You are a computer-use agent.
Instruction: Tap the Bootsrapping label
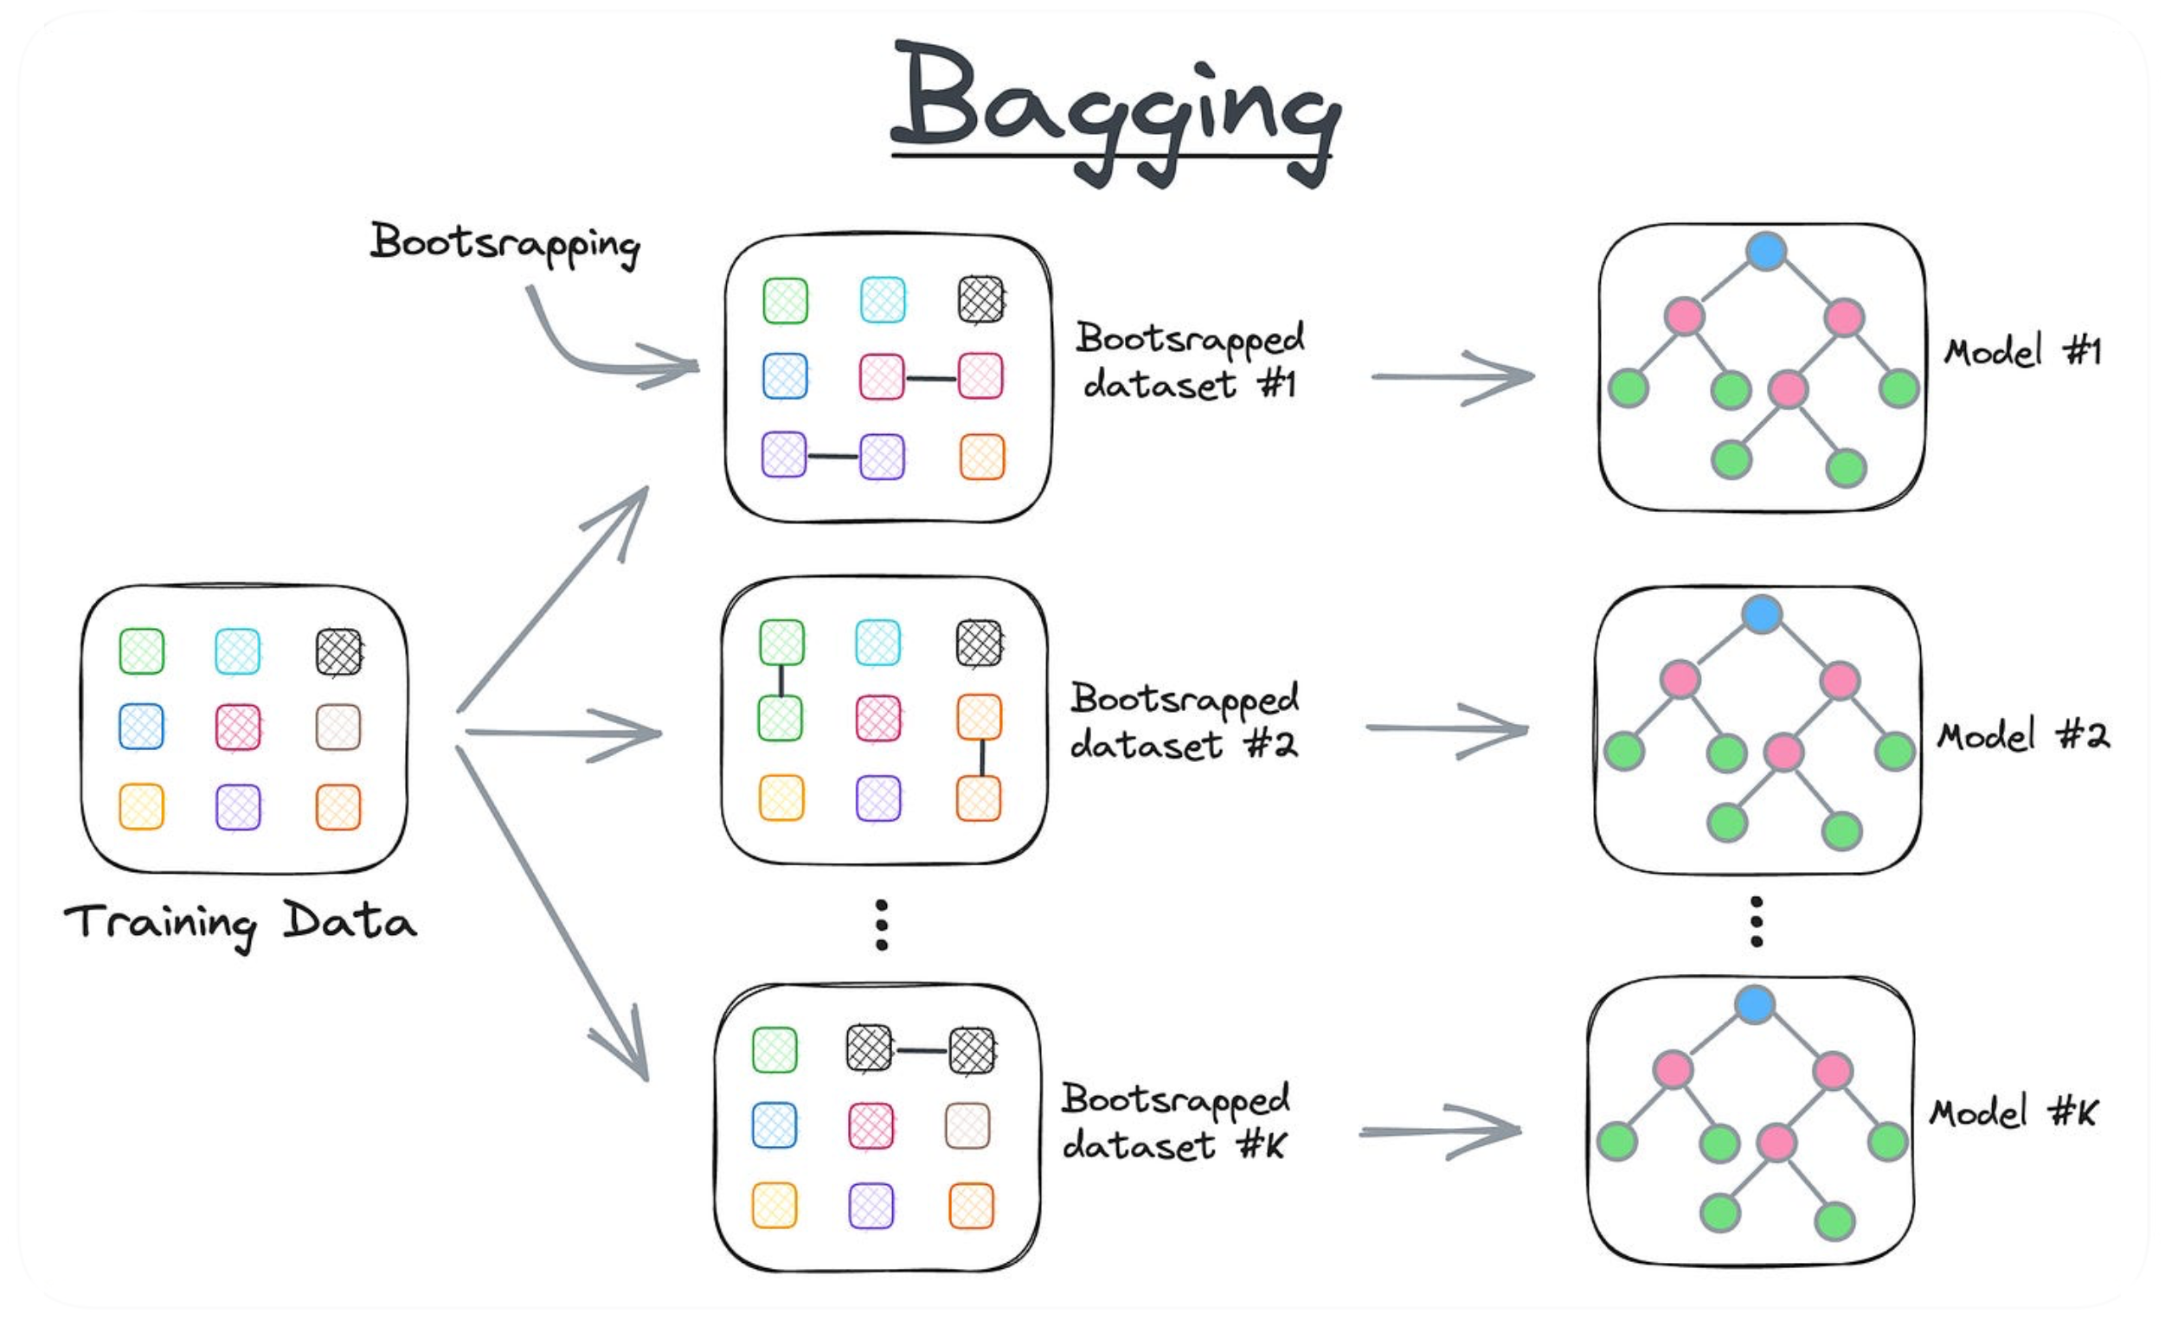504,243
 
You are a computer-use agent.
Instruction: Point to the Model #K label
2013,1112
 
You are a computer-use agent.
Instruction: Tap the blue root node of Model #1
1766,251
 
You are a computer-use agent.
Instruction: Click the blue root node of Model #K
1755,1003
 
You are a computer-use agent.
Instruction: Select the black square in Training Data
338,651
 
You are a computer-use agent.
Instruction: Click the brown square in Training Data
338,727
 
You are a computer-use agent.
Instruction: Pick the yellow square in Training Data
141,807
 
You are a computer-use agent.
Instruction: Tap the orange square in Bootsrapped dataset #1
981,457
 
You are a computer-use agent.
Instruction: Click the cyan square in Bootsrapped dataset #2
877,643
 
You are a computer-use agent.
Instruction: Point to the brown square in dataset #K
967,1126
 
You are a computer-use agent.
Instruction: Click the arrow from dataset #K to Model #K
1440,1132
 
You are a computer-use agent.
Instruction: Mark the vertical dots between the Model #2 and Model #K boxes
1757,922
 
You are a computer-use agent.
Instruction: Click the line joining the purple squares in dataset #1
832,457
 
